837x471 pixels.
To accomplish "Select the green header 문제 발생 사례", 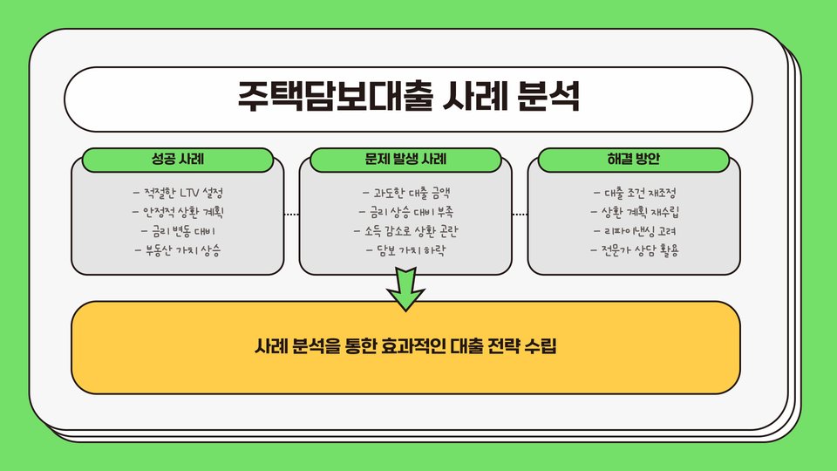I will click(x=406, y=160).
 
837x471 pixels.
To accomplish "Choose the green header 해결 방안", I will click(x=634, y=160).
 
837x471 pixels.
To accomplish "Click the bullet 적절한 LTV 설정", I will click(x=183, y=192).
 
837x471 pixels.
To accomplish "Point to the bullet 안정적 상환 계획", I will click(x=183, y=212).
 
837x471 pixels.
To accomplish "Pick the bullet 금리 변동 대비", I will click(x=178, y=231).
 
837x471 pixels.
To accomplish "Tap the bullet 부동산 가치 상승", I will click(x=178, y=251).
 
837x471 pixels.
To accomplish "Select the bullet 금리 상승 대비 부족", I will click(x=406, y=212).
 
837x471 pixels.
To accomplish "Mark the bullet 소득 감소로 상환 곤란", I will click(x=406, y=231).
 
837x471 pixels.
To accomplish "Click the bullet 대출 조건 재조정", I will click(x=635, y=192).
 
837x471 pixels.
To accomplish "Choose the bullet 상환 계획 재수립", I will click(x=635, y=212).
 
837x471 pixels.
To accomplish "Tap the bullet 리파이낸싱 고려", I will click(x=635, y=231).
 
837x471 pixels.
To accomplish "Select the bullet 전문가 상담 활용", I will click(x=635, y=251).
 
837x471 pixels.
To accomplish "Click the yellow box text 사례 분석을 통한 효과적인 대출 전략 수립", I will click(x=405, y=347).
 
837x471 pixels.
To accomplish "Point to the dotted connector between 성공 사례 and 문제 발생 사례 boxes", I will click(x=291, y=215).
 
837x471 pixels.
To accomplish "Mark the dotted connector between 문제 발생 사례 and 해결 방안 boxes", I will click(x=520, y=215).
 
